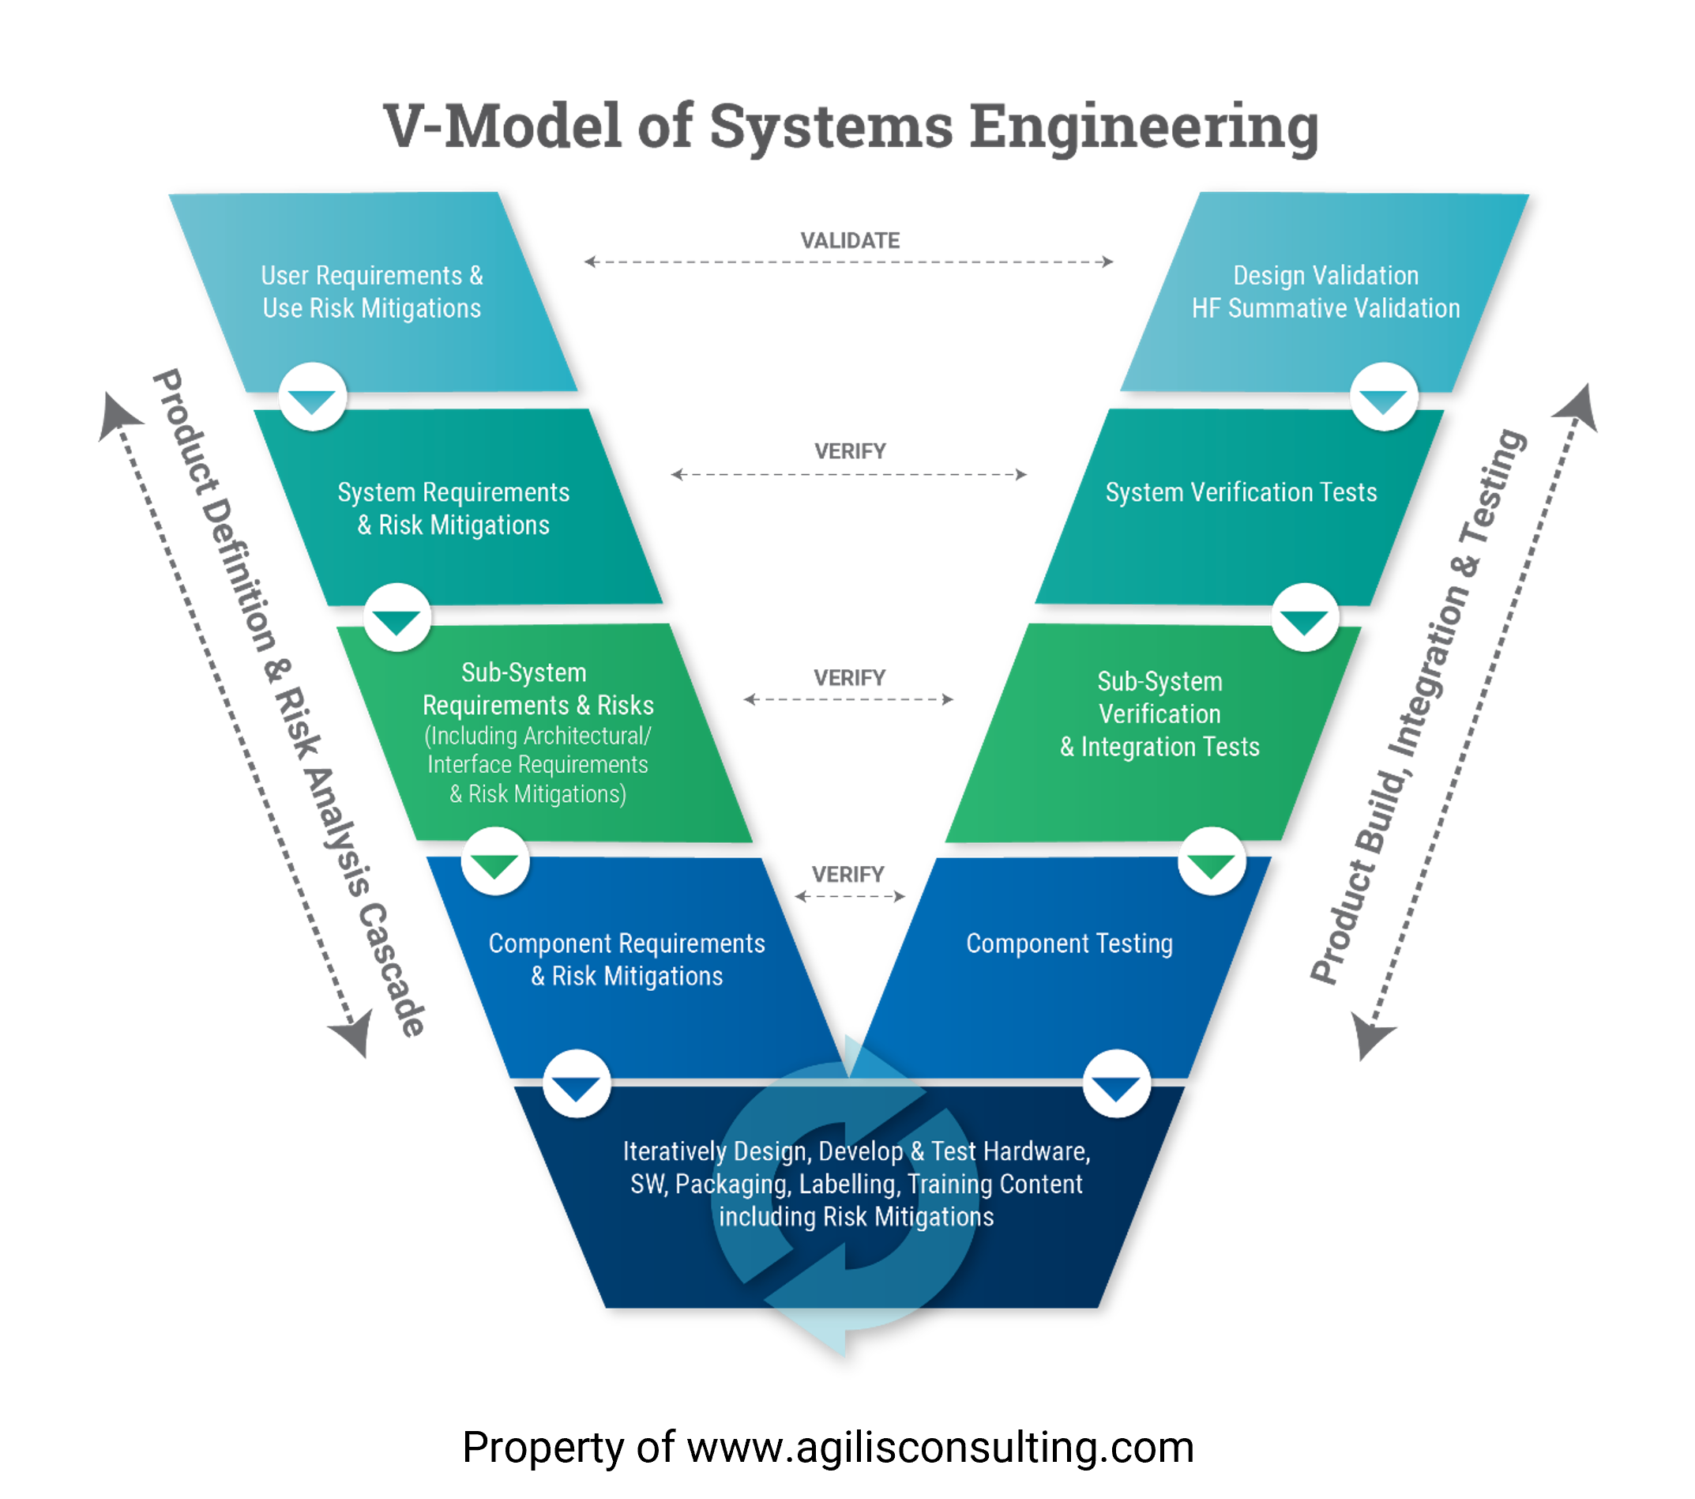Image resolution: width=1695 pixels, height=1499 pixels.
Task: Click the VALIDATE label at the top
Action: click(849, 240)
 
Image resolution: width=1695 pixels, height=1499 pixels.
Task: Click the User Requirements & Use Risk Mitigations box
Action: click(372, 292)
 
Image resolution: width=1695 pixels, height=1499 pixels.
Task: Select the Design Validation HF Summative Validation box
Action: click(1325, 292)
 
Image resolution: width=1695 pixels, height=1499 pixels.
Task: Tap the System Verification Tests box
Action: click(1240, 507)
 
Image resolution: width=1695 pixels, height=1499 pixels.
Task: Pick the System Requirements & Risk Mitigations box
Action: click(458, 507)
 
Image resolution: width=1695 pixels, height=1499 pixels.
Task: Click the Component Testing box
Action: click(1069, 966)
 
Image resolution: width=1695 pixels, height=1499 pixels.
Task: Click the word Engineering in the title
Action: click(1144, 129)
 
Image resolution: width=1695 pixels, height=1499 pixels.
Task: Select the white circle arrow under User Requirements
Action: click(313, 397)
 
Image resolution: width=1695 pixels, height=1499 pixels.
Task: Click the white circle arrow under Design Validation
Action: click(1384, 397)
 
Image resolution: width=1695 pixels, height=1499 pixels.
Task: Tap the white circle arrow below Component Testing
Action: click(1116, 1083)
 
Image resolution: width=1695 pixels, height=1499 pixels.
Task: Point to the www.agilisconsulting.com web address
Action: click(941, 1447)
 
